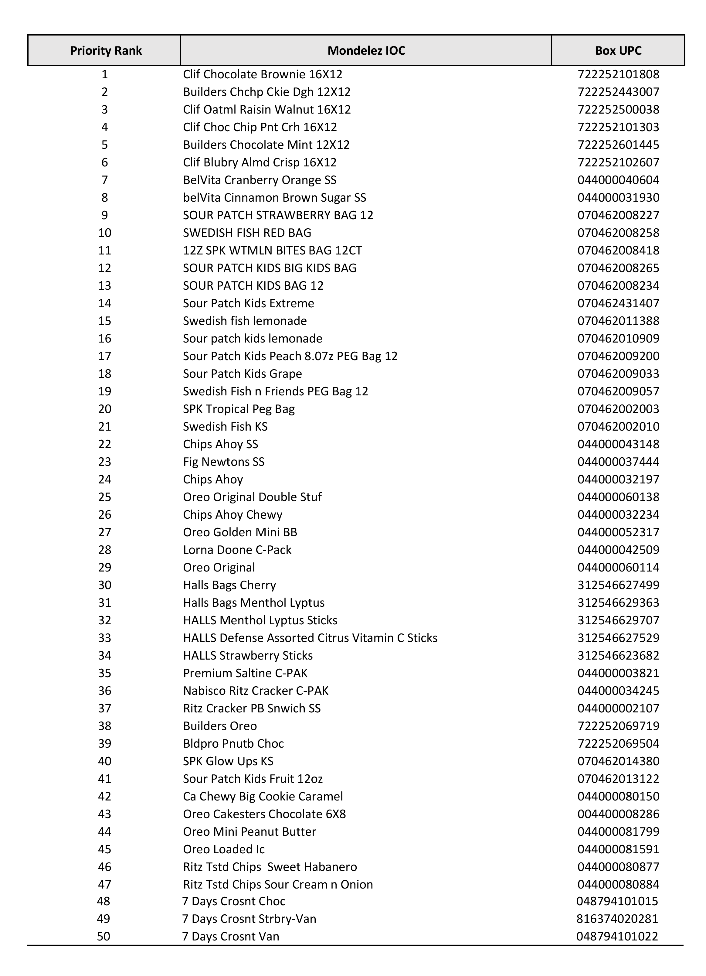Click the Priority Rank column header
(106, 51)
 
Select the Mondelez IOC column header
(366, 51)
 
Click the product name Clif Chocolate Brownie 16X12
(263, 74)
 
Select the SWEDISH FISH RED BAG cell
(247, 233)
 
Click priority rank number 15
(104, 321)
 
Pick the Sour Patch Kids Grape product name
(242, 374)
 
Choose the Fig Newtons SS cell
(224, 462)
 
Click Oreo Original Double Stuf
(252, 497)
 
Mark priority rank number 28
(104, 550)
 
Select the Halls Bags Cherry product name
(229, 585)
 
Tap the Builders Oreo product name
(220, 726)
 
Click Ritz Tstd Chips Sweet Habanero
(270, 867)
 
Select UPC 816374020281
(617, 919)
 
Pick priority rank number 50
(104, 937)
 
